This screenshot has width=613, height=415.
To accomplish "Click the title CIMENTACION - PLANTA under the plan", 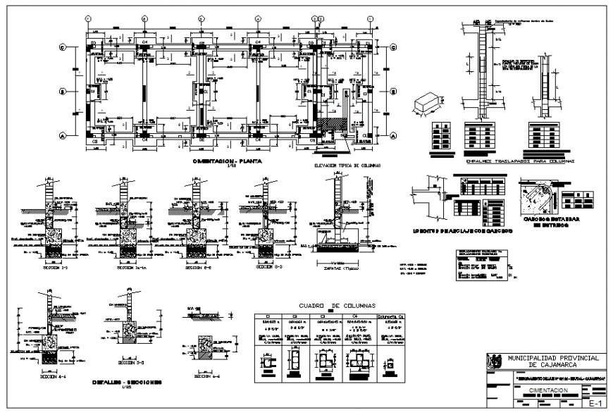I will click(x=228, y=161).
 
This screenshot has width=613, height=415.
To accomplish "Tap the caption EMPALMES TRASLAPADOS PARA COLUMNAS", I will click(x=520, y=161).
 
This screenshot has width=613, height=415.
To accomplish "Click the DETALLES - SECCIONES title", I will click(x=126, y=382).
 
